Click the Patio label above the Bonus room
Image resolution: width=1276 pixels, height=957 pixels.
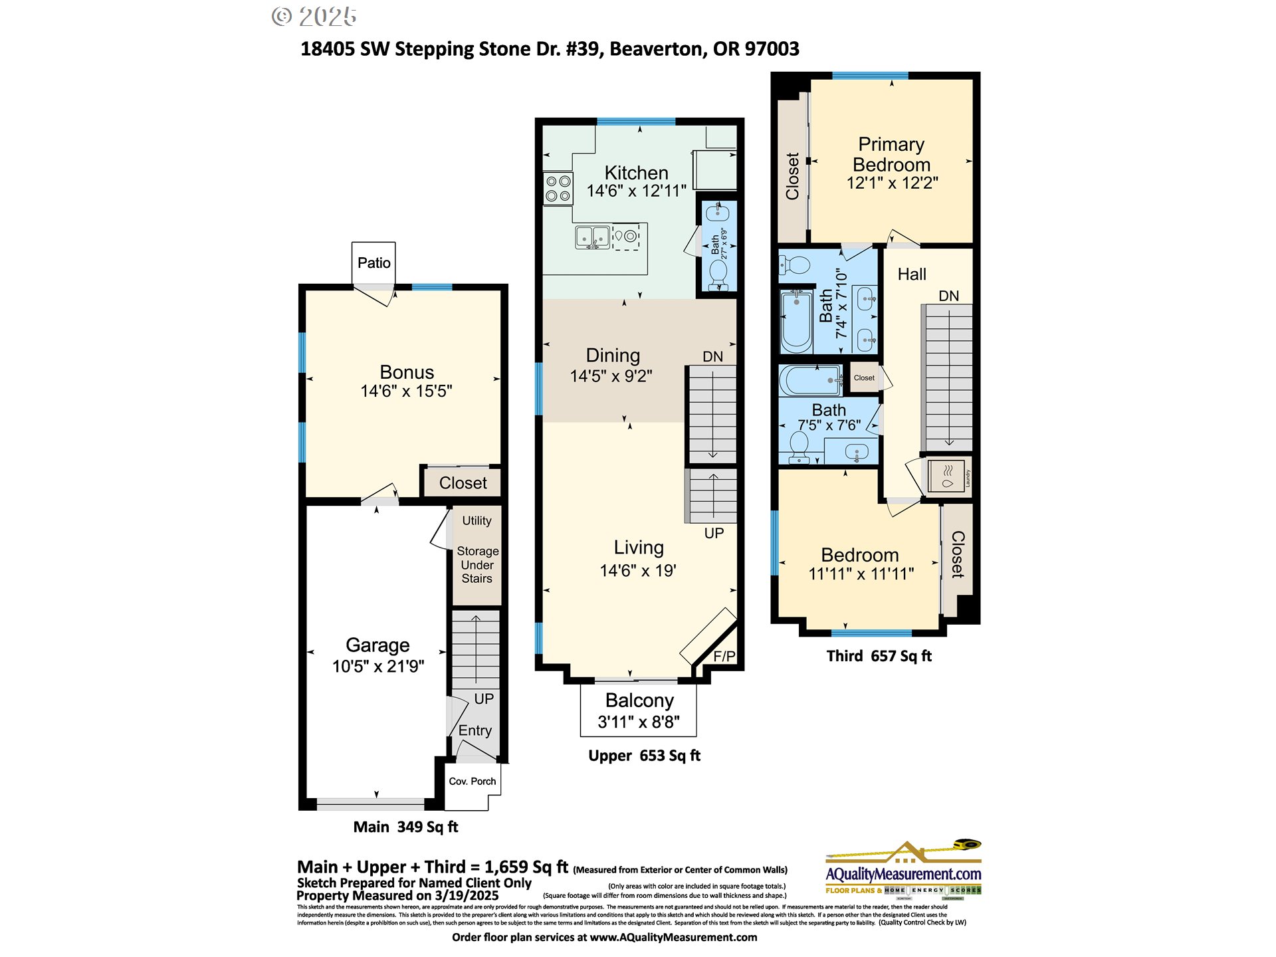(x=373, y=263)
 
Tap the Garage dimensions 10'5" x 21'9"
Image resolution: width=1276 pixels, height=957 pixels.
(x=378, y=666)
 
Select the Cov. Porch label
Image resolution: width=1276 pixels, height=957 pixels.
(x=472, y=781)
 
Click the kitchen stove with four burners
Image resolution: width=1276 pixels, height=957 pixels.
(x=558, y=188)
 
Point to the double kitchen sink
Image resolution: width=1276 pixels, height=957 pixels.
(x=592, y=237)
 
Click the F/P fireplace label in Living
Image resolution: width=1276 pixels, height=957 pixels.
(x=724, y=657)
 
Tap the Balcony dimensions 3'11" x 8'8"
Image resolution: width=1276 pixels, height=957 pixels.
(x=639, y=722)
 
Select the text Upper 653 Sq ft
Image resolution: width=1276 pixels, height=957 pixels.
(x=644, y=756)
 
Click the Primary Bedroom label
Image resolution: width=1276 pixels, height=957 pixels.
(x=891, y=154)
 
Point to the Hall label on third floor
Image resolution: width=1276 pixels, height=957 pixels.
(x=911, y=274)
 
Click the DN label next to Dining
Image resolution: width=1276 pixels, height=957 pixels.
(x=712, y=357)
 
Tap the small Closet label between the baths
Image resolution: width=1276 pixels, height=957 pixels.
(x=864, y=378)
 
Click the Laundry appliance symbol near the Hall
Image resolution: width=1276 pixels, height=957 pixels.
(x=948, y=476)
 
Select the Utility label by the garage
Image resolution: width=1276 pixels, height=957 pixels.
(x=477, y=521)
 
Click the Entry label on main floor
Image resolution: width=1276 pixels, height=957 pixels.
(x=475, y=730)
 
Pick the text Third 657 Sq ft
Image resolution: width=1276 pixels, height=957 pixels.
(x=879, y=656)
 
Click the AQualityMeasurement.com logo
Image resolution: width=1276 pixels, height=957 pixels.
(x=903, y=873)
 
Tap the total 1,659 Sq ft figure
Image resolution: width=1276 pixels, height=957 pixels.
(x=526, y=867)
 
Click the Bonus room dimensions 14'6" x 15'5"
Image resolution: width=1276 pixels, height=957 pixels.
(x=406, y=391)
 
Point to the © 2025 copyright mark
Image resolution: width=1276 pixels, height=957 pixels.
(x=314, y=17)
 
